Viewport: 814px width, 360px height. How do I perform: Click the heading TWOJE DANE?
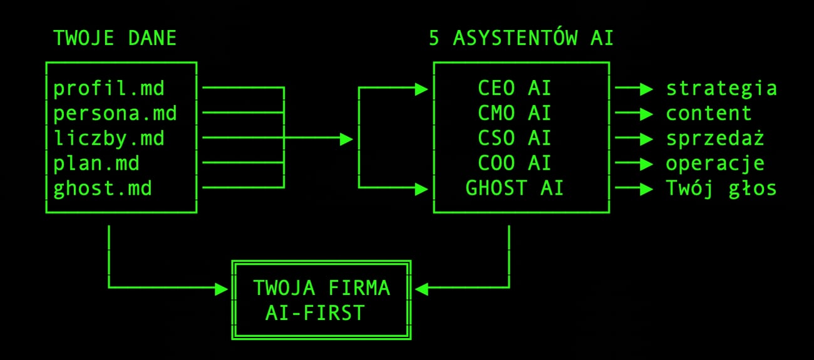tap(115, 39)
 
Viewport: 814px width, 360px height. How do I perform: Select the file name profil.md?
tap(109, 88)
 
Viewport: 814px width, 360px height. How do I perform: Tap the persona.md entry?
tap(115, 113)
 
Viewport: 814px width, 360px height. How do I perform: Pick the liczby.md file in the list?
tap(109, 138)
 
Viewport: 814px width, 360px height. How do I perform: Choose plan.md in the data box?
tap(96, 163)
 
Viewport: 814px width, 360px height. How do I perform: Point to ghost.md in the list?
tap(103, 188)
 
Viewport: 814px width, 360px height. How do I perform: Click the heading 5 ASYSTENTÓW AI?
tap(521, 39)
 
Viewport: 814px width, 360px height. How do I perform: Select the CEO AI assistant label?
tap(515, 88)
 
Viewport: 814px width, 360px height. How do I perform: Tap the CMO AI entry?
tap(515, 113)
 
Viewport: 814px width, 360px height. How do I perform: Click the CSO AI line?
tap(515, 138)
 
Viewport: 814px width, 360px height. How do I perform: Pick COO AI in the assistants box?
tap(515, 163)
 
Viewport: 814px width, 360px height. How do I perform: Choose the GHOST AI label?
tap(515, 188)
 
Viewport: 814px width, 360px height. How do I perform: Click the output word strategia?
tap(721, 88)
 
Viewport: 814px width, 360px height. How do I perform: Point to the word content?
tap(709, 113)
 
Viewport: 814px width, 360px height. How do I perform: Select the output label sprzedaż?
tap(715, 138)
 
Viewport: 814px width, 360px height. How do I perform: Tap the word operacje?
tap(715, 163)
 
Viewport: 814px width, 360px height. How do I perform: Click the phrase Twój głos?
tap(721, 188)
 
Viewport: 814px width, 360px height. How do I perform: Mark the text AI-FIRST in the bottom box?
tap(314, 312)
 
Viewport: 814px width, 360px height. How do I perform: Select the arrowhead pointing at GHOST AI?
tap(421, 186)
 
